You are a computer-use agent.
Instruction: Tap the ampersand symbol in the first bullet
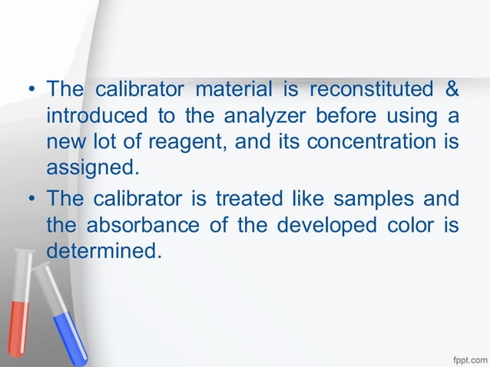[452, 91]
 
